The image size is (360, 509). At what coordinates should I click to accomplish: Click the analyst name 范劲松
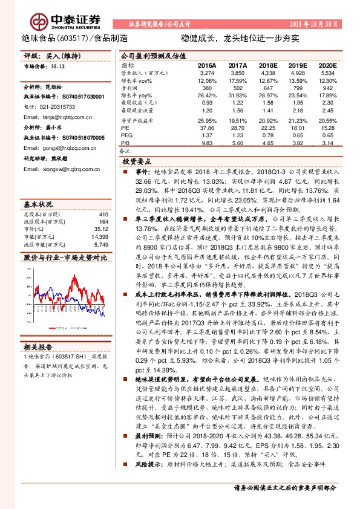(55, 87)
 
